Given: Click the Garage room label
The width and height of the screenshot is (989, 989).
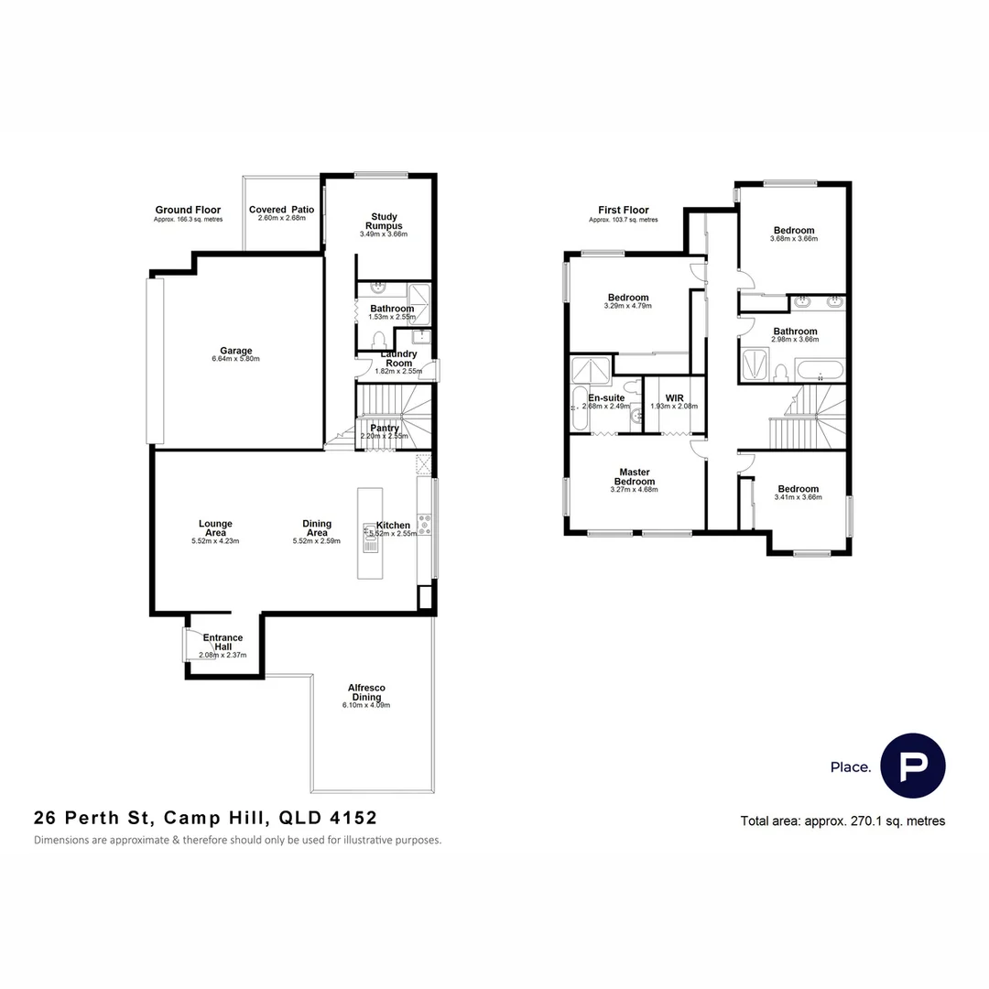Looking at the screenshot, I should (235, 351).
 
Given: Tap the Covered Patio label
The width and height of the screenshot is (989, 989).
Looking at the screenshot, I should (281, 210).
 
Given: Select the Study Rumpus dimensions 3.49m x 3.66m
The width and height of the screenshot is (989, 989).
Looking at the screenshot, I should (384, 234).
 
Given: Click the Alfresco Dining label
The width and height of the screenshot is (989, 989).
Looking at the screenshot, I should (366, 692).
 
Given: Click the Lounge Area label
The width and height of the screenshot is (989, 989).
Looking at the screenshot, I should (214, 528).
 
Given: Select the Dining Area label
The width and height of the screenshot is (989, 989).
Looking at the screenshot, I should (317, 528).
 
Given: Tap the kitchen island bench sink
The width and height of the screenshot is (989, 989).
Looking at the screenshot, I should (370, 540).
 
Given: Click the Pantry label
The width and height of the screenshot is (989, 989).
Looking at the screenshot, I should (385, 428).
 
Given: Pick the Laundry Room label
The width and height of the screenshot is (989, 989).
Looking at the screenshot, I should (398, 358).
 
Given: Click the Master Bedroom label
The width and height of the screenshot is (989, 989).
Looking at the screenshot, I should (634, 477).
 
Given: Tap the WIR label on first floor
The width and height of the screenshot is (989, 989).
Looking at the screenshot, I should (674, 398).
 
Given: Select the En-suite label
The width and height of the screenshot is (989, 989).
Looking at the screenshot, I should (605, 398).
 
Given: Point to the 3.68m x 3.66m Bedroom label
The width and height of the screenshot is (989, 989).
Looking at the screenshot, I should (793, 231).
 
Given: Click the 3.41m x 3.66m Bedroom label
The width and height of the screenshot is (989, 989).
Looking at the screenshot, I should (798, 489).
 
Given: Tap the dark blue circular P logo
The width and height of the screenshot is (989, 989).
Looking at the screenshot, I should (912, 766).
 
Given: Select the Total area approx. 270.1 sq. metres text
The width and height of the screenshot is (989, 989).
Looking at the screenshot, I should (842, 821).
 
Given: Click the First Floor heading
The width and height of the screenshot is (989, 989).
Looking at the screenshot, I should (623, 211).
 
